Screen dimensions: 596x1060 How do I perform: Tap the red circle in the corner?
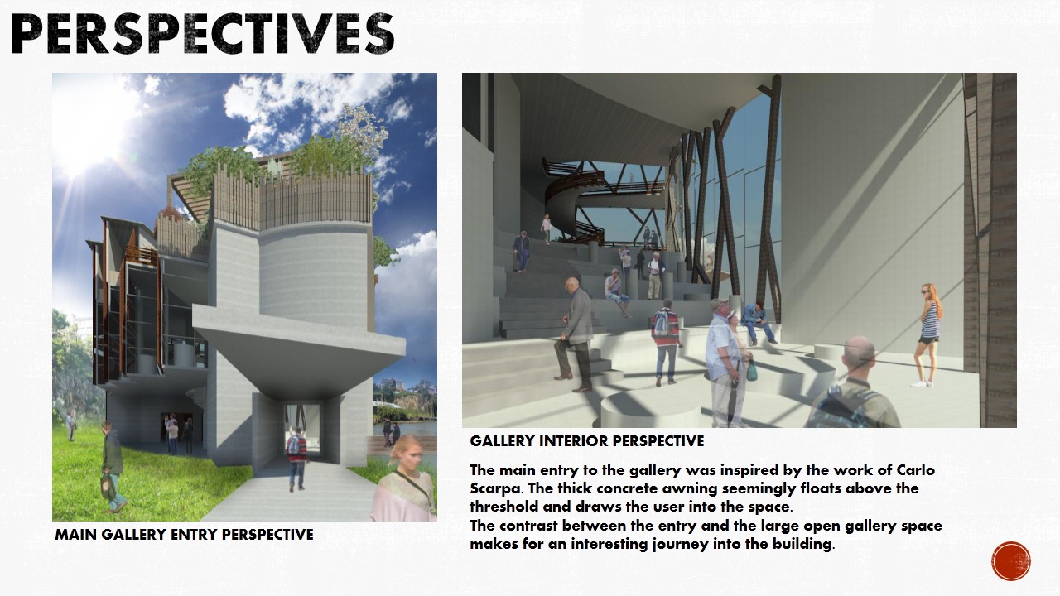pos(1010,561)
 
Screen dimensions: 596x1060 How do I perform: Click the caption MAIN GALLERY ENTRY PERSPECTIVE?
pos(184,535)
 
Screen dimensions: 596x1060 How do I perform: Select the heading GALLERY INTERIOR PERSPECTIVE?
pos(587,441)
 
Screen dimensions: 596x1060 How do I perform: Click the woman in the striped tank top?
pos(929,331)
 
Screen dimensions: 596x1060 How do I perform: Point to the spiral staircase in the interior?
pos(571,190)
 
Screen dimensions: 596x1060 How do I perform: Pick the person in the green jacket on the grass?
pos(112,464)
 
